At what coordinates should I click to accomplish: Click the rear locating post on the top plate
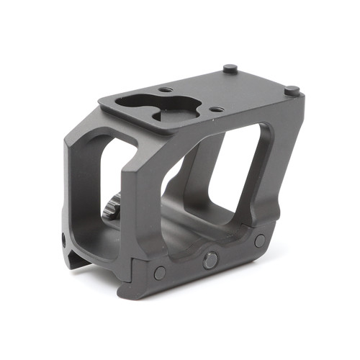(x=230, y=69)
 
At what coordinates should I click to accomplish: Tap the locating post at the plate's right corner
(x=291, y=91)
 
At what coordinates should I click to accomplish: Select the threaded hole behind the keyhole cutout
(x=166, y=89)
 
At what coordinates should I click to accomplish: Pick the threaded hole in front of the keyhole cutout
(x=214, y=109)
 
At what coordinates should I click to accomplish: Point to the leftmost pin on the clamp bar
(x=160, y=272)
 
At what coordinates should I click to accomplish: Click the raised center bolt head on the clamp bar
(x=210, y=259)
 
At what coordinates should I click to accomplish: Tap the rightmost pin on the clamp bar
(x=260, y=240)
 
